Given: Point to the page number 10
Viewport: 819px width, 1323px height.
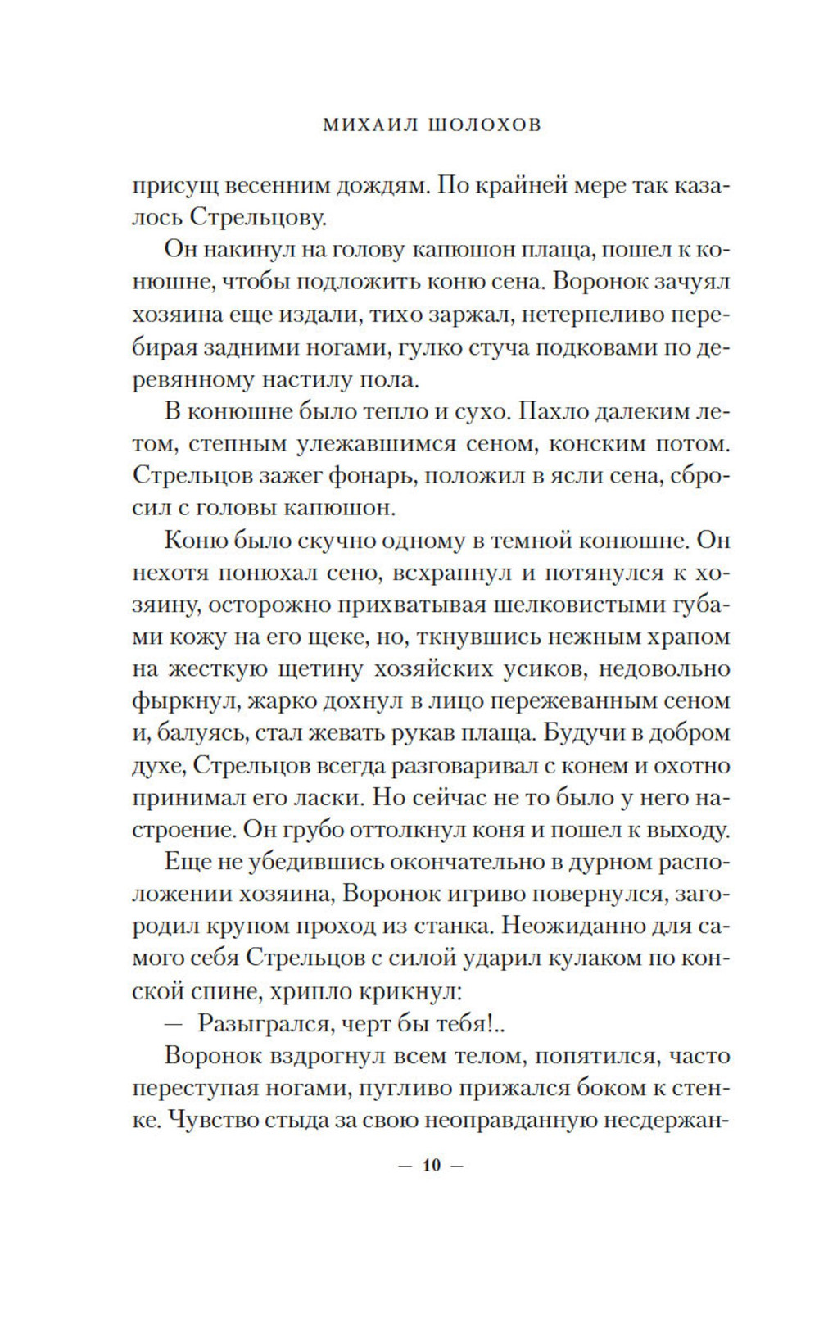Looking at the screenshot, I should pos(432,1166).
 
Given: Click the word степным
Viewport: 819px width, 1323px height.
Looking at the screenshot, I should pos(230,444).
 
